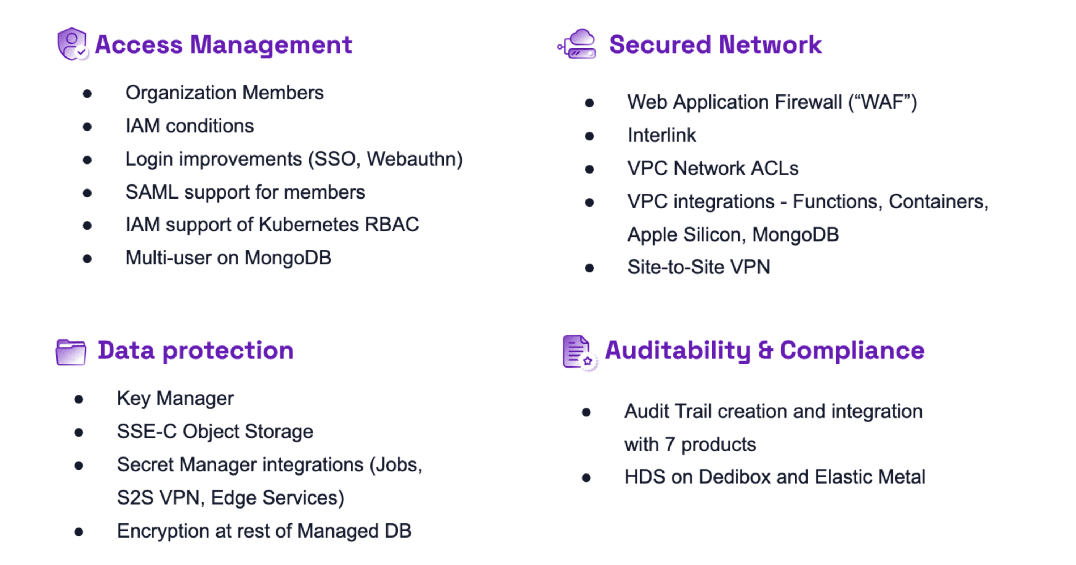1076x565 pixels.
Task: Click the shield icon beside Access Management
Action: (72, 44)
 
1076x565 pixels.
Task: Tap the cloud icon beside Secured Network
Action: (578, 44)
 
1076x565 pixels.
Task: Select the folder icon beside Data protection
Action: (71, 352)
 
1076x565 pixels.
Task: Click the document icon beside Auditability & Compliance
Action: (579, 352)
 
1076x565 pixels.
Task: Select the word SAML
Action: (152, 192)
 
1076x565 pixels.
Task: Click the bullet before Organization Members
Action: (87, 93)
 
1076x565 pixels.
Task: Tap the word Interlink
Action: (662, 135)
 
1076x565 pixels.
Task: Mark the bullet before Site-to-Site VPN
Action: (589, 268)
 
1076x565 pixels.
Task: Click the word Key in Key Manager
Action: (133, 398)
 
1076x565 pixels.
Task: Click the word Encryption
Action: (162, 531)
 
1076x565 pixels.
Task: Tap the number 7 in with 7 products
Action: (670, 444)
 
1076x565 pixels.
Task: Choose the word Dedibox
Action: (734, 477)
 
